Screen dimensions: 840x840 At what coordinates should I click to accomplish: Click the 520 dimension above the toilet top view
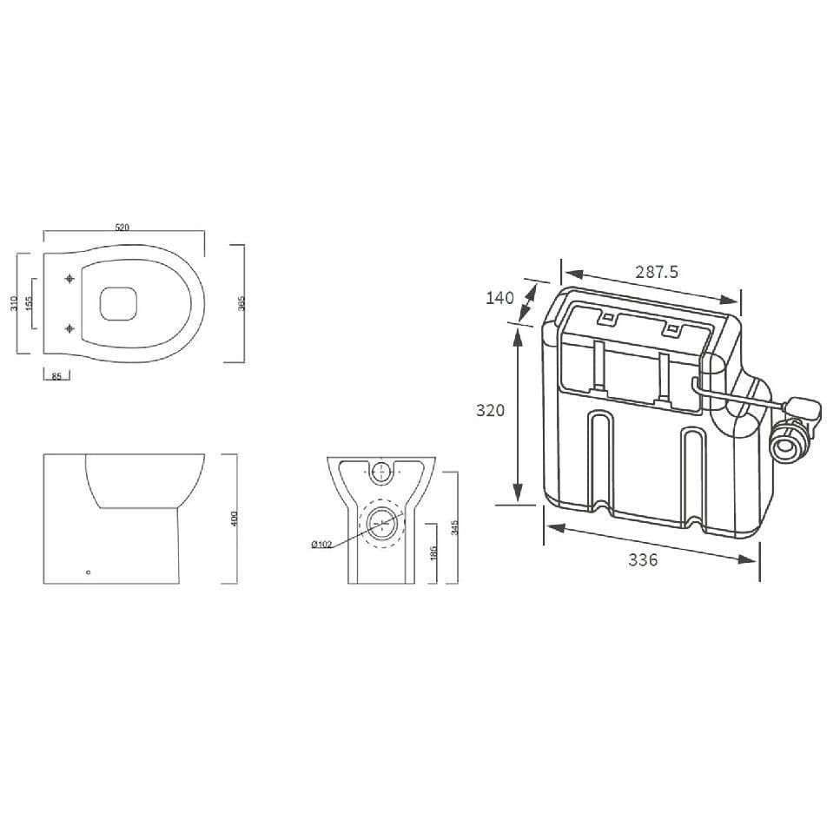tap(122, 228)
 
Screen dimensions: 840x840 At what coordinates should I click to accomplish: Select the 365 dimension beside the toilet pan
tap(242, 302)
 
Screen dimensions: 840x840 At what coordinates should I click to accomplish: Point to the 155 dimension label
tap(30, 303)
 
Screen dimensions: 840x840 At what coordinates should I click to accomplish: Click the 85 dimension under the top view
tap(56, 376)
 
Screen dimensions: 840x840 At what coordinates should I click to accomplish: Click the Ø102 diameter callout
tap(321, 545)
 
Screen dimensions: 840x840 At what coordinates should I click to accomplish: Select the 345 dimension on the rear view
tap(454, 527)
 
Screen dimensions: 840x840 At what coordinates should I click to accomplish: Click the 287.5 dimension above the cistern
tap(656, 272)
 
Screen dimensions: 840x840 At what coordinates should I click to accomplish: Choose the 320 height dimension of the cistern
tap(490, 410)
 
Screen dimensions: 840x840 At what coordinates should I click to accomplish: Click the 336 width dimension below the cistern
tap(643, 560)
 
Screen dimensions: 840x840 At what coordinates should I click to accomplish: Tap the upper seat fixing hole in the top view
tap(69, 279)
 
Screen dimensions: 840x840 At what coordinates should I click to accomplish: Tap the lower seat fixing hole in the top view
tap(69, 328)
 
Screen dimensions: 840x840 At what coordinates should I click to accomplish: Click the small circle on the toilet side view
tap(88, 572)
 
